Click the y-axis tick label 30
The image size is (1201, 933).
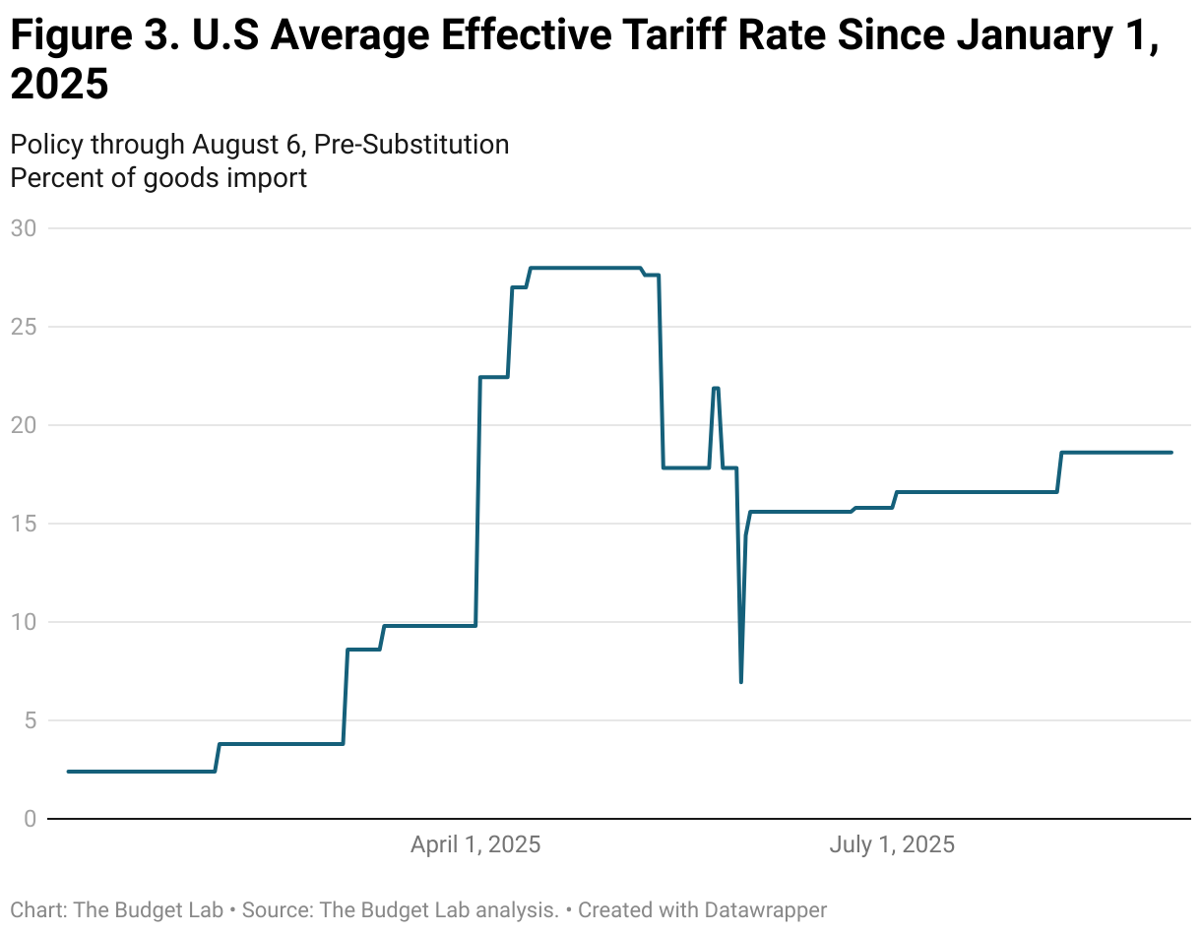23,228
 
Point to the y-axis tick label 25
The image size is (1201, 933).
23,327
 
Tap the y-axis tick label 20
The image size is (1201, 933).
23,425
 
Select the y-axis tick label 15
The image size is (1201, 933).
23,524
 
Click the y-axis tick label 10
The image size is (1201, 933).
23,622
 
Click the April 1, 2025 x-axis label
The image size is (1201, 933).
475,844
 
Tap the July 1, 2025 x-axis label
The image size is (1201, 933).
892,844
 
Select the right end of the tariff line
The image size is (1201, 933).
1171,453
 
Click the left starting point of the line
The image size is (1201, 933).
68,772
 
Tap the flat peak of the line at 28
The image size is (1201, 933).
585,268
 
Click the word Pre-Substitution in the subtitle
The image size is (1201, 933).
411,145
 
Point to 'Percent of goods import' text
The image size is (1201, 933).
158,178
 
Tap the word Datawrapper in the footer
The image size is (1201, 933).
765,909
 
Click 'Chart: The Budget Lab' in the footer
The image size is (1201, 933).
116,909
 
